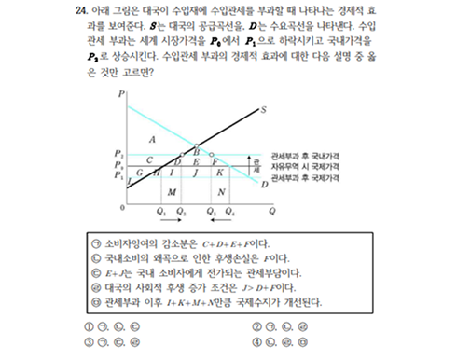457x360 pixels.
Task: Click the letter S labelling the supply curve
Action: [x=263, y=110]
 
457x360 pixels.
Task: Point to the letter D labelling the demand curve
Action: [x=264, y=184]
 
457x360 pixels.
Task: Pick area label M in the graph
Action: [x=172, y=191]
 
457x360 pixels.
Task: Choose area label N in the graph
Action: [x=220, y=191]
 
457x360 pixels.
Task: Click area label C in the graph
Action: [x=149, y=160]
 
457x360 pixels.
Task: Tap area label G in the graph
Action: [x=139, y=173]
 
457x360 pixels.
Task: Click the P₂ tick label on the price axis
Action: [x=118, y=153]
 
